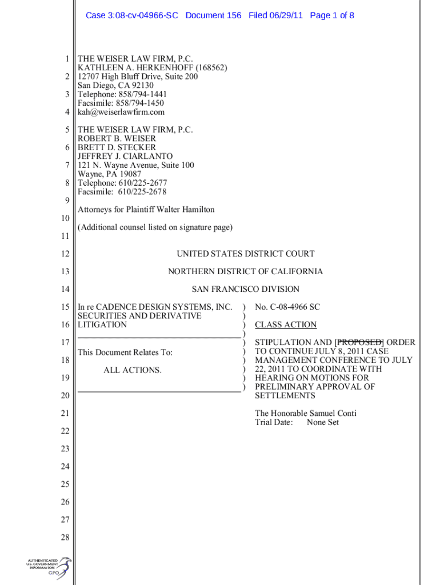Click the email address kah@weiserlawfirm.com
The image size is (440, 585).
tap(121, 112)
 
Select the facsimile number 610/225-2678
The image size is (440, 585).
tap(142, 192)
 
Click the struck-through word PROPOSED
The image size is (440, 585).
tap(359, 342)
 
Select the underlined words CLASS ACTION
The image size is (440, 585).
tap(286, 324)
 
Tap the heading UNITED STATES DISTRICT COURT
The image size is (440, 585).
tap(245, 254)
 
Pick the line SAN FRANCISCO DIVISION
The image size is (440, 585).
tap(245, 289)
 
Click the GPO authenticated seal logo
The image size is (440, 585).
tap(50, 568)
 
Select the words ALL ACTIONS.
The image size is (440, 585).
tap(133, 370)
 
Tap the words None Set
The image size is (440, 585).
tap(323, 422)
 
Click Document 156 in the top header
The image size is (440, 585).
tap(213, 15)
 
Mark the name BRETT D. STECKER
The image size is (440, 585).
tap(117, 147)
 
